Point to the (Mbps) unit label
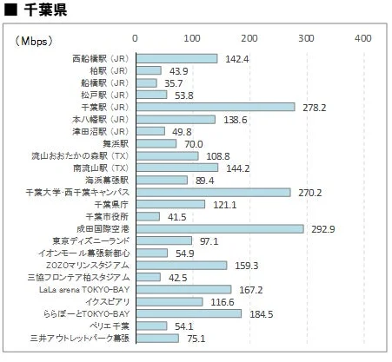click(x=33, y=40)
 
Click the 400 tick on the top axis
click(x=363, y=39)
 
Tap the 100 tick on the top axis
click(x=192, y=39)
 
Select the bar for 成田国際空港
click(x=219, y=228)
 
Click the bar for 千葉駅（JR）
click(x=215, y=107)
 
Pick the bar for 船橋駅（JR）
click(x=145, y=82)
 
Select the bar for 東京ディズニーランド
click(x=163, y=240)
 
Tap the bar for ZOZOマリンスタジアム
click(x=181, y=265)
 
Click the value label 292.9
click(x=322, y=228)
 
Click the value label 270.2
click(x=309, y=192)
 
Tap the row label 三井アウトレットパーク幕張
click(x=79, y=338)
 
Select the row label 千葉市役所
click(x=106, y=216)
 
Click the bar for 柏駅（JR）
click(x=148, y=70)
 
